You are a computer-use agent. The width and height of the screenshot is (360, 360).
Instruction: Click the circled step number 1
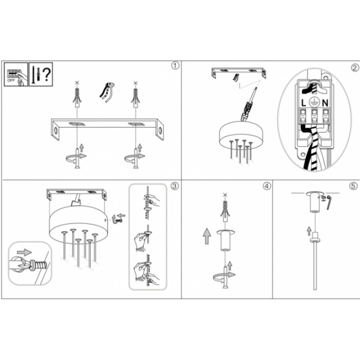coord(175,66)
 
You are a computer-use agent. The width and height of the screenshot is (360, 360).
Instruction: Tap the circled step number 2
coord(355,68)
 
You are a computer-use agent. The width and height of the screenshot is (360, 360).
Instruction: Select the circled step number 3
coord(174,186)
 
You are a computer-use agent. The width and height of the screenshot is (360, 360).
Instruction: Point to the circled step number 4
coord(266,186)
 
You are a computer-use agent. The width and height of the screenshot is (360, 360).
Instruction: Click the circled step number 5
coord(353,186)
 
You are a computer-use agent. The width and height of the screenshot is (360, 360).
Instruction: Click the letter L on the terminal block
coord(303,103)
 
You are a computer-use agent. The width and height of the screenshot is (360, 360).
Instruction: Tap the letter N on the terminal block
coord(325,103)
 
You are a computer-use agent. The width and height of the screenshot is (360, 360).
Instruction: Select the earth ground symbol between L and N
coord(314,102)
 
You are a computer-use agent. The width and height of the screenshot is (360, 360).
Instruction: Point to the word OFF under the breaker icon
coord(11,81)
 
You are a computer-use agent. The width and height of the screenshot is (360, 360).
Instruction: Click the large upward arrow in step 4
coord(207,236)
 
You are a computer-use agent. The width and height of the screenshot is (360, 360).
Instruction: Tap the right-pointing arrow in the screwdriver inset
coord(24,253)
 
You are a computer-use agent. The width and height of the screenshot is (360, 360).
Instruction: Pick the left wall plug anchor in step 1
coord(77,97)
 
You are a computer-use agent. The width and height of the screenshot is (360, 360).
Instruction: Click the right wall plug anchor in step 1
coord(136,97)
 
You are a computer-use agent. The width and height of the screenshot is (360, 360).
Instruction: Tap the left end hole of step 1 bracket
coord(56,131)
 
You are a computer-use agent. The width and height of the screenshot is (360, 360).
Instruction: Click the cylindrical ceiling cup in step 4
coord(225,240)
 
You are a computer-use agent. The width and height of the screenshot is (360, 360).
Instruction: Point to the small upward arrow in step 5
coord(309,231)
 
